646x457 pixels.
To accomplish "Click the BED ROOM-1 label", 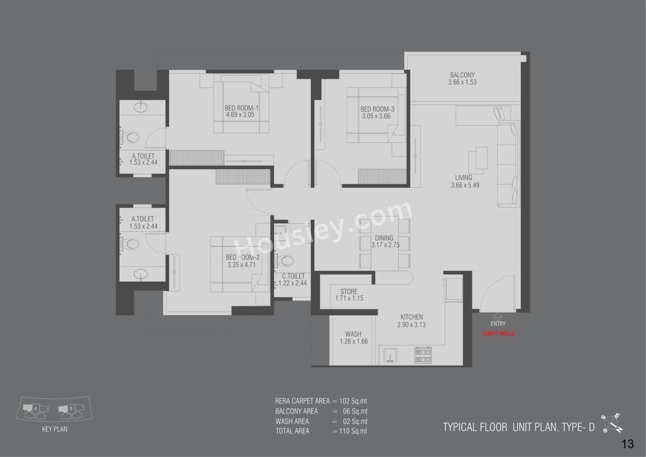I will pyautogui.click(x=241, y=108).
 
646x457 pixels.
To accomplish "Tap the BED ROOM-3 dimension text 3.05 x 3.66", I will pyautogui.click(x=376, y=116).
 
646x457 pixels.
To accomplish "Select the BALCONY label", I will pyautogui.click(x=462, y=75).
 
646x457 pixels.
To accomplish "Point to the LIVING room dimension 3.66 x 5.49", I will pyautogui.click(x=465, y=185).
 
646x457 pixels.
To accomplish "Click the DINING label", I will pyautogui.click(x=384, y=238).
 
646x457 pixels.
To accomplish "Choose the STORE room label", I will pyautogui.click(x=349, y=291).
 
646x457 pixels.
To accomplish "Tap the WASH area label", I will pyautogui.click(x=353, y=334).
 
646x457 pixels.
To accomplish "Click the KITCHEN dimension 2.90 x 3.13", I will pyautogui.click(x=411, y=325).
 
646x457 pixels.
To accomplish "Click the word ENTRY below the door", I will pyautogui.click(x=498, y=324).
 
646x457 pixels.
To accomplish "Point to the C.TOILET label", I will pyautogui.click(x=293, y=276).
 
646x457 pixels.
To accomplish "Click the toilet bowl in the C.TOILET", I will pyautogui.click(x=286, y=261).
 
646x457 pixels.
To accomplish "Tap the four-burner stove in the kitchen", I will pyautogui.click(x=422, y=355).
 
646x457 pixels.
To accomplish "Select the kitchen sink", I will pyautogui.click(x=390, y=357).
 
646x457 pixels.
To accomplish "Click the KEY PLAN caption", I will pyautogui.click(x=55, y=430).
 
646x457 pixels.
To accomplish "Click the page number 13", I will pyautogui.click(x=627, y=444).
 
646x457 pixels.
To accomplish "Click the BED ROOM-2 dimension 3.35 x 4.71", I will pyautogui.click(x=242, y=265).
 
